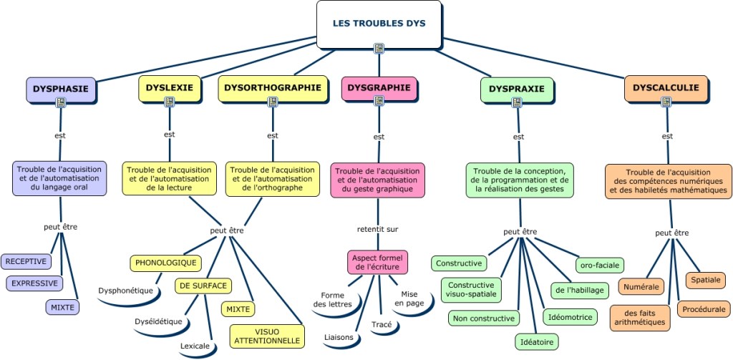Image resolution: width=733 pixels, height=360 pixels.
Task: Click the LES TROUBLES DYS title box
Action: (379, 24)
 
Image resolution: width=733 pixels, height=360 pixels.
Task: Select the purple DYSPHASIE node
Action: (61, 89)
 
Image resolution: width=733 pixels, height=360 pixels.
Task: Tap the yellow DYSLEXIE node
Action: (170, 88)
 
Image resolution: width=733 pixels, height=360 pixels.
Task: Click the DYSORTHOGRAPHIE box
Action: (273, 88)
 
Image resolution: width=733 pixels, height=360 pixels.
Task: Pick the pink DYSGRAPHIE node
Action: (379, 88)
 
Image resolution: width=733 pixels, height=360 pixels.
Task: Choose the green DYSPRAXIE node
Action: (517, 89)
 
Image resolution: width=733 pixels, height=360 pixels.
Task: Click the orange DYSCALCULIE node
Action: (666, 88)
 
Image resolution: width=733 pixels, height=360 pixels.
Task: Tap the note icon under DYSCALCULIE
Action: (666, 102)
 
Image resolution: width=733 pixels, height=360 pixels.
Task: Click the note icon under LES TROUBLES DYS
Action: (379, 49)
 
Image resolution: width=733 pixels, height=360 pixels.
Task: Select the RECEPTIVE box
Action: (26, 261)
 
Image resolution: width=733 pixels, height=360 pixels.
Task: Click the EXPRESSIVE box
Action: (34, 283)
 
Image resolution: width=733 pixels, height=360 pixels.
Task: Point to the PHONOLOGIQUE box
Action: (165, 263)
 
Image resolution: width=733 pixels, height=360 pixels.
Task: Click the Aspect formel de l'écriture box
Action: (378, 262)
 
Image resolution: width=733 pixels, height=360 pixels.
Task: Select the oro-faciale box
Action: (600, 265)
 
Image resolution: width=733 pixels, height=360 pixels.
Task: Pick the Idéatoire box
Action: (536, 342)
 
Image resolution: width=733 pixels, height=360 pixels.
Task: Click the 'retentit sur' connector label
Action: (378, 229)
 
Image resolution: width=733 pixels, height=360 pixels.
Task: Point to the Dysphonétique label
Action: (126, 291)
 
